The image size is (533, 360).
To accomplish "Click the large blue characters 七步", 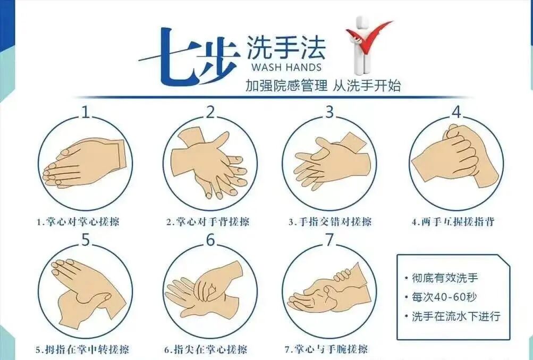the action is (189, 56).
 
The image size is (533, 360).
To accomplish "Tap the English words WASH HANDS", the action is (286, 66).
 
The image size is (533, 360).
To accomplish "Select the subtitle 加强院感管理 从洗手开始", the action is (323, 86).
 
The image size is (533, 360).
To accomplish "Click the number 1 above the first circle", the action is (86, 112).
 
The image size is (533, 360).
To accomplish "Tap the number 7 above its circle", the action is (329, 240).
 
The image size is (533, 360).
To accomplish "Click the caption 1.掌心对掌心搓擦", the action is (78, 222).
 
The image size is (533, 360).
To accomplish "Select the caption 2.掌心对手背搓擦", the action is (208, 222).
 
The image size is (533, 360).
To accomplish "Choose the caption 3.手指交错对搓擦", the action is (330, 222).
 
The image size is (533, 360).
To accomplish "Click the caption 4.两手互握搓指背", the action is (453, 222).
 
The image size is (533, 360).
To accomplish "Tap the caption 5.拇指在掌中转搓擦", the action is (82, 349).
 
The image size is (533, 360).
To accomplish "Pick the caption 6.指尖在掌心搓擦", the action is (206, 349).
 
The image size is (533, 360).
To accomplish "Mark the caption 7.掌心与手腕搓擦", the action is (326, 349).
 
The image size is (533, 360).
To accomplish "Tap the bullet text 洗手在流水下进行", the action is (456, 316).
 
